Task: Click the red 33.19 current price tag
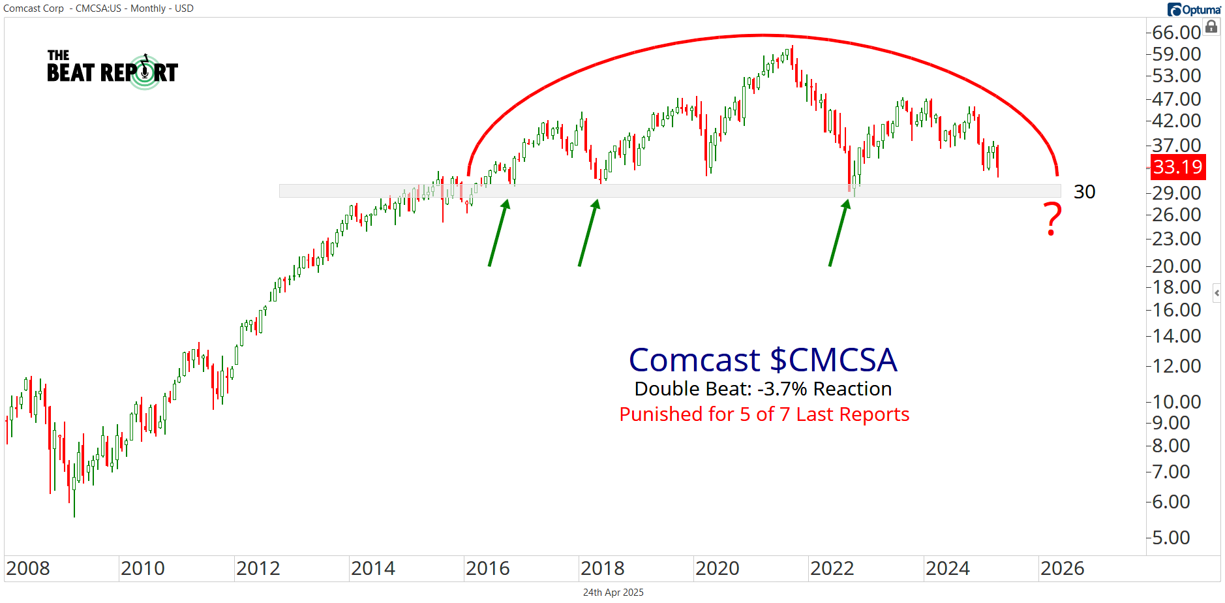[1177, 167]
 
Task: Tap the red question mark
[1052, 219]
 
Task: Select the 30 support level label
[1084, 192]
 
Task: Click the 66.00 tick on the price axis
[1176, 32]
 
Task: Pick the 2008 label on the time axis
[28, 568]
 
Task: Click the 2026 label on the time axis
[1062, 568]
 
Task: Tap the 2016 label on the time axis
[487, 568]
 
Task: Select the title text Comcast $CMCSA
[763, 360]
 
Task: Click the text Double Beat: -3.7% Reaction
[763, 389]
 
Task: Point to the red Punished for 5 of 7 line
[764, 414]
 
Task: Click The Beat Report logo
[112, 69]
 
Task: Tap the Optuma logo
[1194, 9]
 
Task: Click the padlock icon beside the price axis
[1211, 27]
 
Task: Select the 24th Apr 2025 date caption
[613, 593]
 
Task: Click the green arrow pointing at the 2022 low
[839, 233]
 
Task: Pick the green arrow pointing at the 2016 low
[498, 233]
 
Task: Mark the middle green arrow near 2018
[588, 233]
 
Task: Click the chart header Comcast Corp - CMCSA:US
[98, 8]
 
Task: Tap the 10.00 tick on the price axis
[1176, 401]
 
